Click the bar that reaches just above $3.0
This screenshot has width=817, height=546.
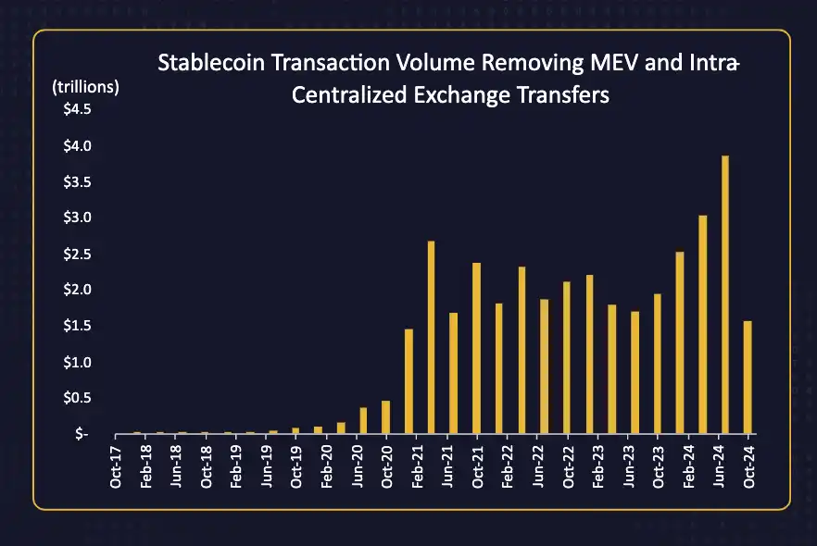point(703,324)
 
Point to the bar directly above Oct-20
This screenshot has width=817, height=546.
point(385,417)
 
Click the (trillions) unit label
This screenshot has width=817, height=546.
point(85,87)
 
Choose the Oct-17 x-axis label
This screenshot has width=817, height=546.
point(116,466)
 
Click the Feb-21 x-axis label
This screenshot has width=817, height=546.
point(417,466)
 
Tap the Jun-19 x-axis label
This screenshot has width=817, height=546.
point(267,466)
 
